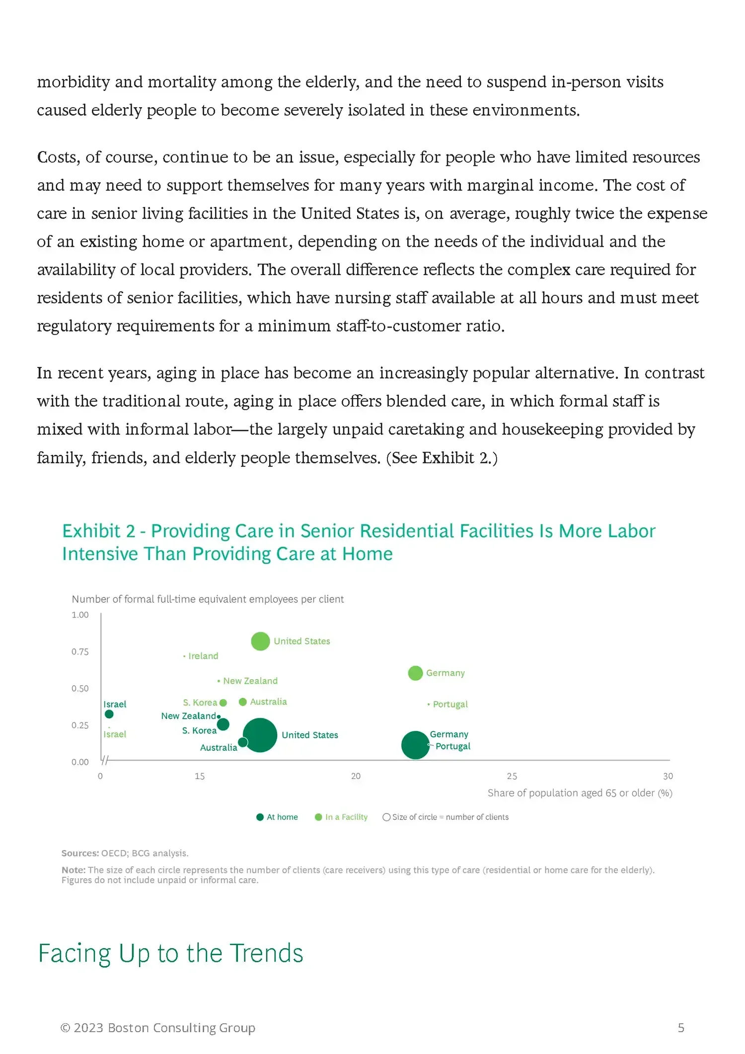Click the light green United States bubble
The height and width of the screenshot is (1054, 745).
(x=260, y=641)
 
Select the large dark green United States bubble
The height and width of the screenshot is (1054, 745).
(x=259, y=735)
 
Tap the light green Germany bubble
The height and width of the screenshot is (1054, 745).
(x=415, y=673)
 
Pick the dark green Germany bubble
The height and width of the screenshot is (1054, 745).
(x=415, y=745)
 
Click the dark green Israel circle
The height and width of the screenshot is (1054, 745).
(x=109, y=714)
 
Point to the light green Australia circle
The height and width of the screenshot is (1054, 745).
(x=243, y=702)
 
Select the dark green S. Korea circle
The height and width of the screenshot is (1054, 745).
(x=223, y=724)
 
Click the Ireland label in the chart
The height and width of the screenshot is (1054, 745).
(x=203, y=656)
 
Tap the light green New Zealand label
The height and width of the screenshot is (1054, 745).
(x=250, y=681)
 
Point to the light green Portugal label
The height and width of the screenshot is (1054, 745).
(x=450, y=704)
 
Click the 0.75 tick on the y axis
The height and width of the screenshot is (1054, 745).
(x=80, y=651)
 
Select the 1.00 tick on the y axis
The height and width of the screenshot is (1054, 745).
(x=80, y=615)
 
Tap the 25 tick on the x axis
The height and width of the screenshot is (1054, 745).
(x=512, y=776)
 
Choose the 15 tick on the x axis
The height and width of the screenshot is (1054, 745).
(x=200, y=776)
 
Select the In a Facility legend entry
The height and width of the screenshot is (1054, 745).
(x=341, y=817)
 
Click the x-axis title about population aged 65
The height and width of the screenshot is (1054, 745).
(x=580, y=793)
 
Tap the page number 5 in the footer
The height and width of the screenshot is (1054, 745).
(x=681, y=1028)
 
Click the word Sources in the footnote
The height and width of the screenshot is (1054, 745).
(x=80, y=853)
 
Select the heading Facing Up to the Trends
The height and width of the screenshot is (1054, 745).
(x=170, y=953)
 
